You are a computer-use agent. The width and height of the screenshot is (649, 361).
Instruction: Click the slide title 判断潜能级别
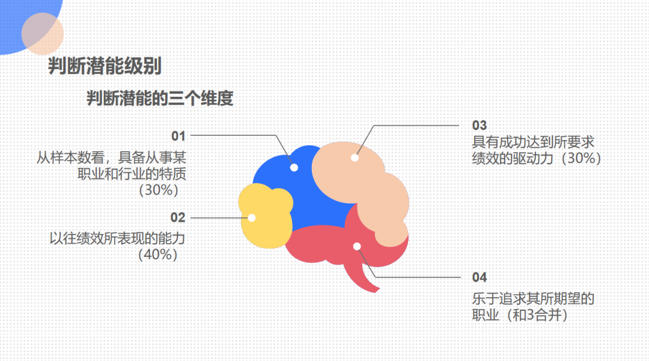(x=105, y=67)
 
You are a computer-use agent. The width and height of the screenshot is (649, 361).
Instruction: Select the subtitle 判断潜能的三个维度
(x=160, y=99)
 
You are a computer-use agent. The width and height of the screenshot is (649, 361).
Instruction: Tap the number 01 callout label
(x=178, y=135)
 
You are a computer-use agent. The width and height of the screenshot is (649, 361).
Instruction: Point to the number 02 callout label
(x=178, y=217)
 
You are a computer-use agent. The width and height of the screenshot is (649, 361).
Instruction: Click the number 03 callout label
(x=479, y=125)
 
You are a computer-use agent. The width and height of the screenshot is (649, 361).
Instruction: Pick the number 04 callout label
(x=479, y=277)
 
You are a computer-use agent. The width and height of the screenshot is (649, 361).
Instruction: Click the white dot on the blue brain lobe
(x=294, y=168)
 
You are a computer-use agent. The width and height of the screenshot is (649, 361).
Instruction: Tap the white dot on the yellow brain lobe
(x=252, y=217)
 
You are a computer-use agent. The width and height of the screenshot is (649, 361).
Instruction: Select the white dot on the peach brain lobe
(x=355, y=158)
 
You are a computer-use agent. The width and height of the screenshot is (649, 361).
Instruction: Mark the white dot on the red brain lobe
(x=357, y=246)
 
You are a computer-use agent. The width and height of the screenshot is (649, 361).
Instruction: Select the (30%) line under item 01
(x=159, y=191)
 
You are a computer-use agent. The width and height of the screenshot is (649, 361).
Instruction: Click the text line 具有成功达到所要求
(x=533, y=143)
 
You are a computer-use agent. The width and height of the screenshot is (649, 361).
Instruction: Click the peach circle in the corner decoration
(x=42, y=34)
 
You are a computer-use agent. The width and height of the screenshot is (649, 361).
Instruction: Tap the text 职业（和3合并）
(x=520, y=315)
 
